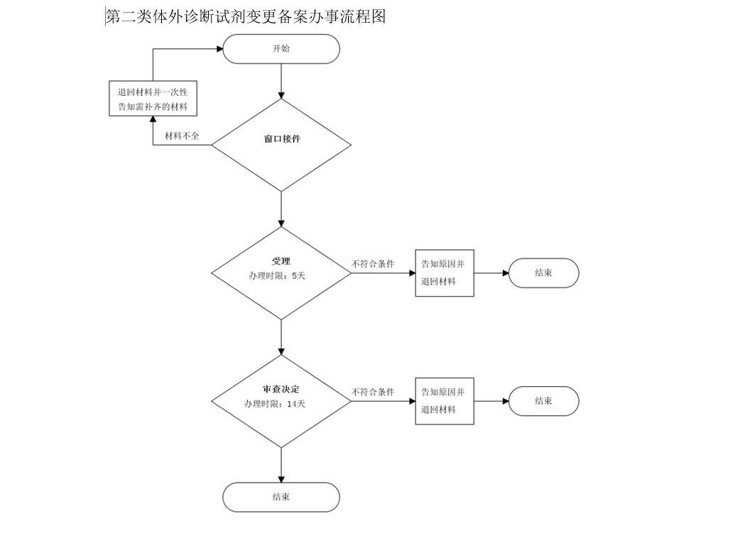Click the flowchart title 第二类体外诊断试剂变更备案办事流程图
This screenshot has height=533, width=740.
(x=246, y=16)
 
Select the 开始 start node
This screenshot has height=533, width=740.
(x=281, y=49)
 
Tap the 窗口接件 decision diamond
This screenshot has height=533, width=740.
(x=281, y=145)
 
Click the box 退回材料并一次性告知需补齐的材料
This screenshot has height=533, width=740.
(x=153, y=99)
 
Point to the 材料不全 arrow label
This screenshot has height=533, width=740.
(x=182, y=136)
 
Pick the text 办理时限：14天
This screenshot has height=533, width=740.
(x=275, y=404)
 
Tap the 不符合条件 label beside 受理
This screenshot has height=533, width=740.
(x=373, y=264)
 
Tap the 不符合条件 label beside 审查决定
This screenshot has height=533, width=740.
(x=373, y=392)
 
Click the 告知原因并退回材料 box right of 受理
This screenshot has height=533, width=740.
(x=444, y=273)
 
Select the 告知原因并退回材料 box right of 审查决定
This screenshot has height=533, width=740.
(x=444, y=401)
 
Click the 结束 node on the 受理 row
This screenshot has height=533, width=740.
(x=543, y=273)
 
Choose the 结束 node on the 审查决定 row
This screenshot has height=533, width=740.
(x=543, y=401)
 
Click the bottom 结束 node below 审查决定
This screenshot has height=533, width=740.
(x=281, y=497)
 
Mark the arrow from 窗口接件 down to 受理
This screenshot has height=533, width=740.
(x=282, y=209)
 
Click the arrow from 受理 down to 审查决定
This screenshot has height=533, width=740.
(x=282, y=336)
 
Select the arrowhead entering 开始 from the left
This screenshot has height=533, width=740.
(x=218, y=49)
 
